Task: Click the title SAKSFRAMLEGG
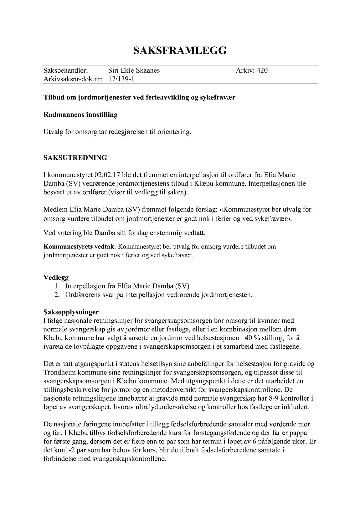click(180, 51)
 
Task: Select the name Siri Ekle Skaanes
click(134, 70)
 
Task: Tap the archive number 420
click(262, 70)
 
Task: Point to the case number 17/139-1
click(121, 79)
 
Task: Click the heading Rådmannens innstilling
click(80, 115)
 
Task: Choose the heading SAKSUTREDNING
click(75, 158)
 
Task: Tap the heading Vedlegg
click(56, 278)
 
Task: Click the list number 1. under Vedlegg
click(57, 286)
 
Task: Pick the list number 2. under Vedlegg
click(57, 295)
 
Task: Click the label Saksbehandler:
click(66, 70)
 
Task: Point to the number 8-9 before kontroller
click(274, 399)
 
